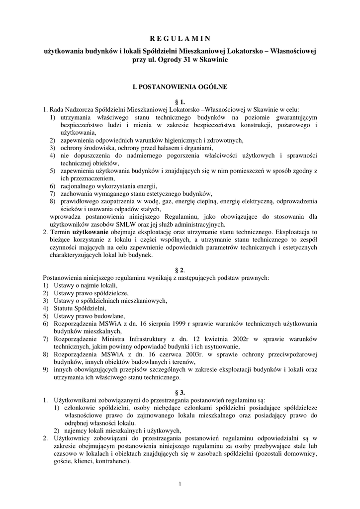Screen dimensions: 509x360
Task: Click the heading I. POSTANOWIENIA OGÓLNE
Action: (180, 86)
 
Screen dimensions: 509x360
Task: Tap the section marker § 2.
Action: (180, 270)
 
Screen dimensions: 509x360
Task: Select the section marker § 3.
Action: (180, 392)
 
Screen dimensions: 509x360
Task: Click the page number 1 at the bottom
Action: (180, 483)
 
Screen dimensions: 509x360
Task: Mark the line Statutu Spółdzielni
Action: (76, 308)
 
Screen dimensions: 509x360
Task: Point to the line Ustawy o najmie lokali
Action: (82, 285)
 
